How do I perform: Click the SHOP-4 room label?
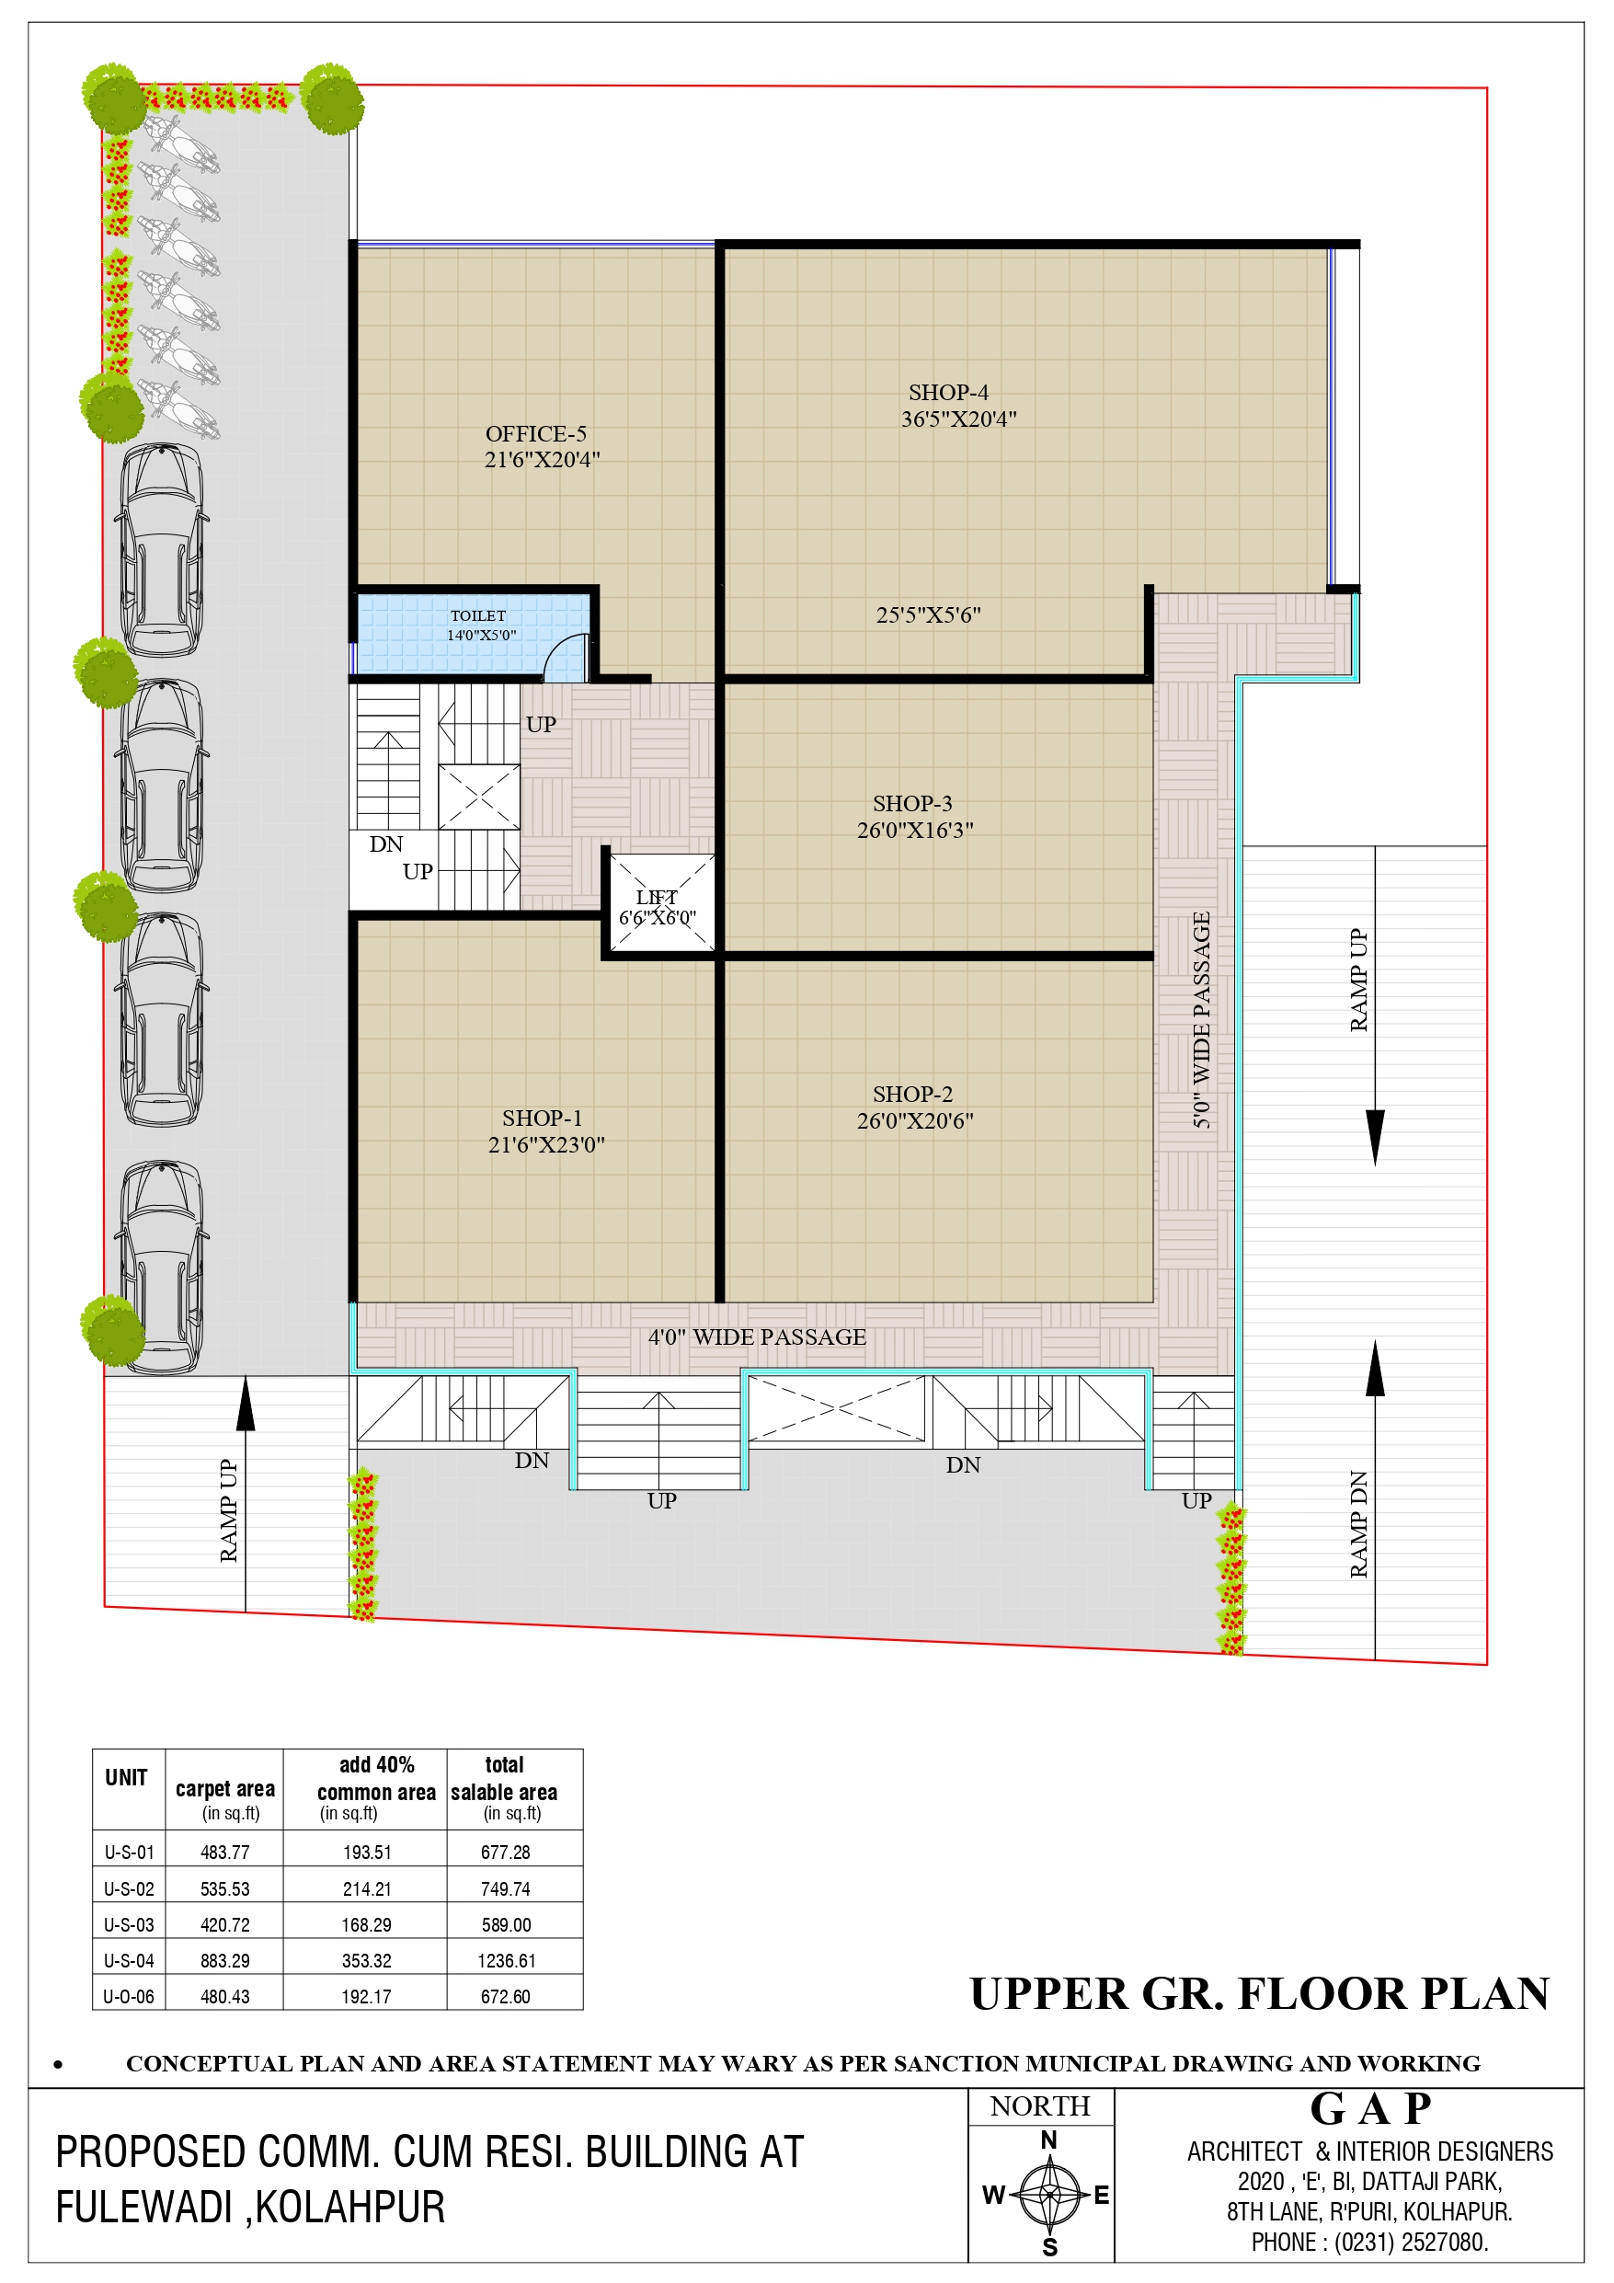tap(948, 393)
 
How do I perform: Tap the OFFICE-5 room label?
tap(536, 433)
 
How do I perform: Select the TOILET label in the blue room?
tap(478, 615)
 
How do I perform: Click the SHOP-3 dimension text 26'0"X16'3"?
tap(915, 830)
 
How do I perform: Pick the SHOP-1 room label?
tap(542, 1118)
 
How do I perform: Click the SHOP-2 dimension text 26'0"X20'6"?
tap(915, 1119)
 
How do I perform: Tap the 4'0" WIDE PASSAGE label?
tap(757, 1337)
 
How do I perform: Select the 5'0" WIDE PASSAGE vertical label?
tap(1201, 1019)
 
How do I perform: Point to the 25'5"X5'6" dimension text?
tap(928, 614)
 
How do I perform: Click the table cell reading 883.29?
tap(224, 1961)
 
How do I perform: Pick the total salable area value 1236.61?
tap(506, 1961)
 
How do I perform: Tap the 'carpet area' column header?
tap(224, 1789)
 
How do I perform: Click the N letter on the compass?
tap(1048, 2140)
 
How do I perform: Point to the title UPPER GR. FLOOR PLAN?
tap(1260, 1993)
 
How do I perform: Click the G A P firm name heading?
tap(1370, 2109)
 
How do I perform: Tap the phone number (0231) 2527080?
tap(1411, 2243)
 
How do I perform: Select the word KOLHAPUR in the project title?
tap(350, 2208)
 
